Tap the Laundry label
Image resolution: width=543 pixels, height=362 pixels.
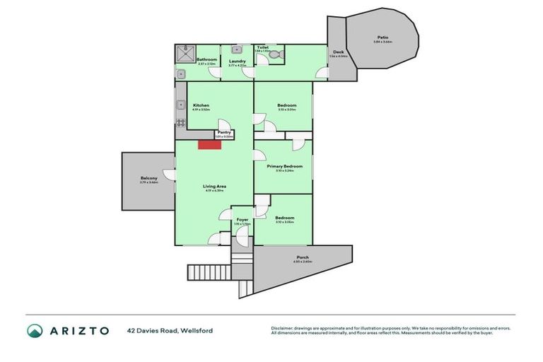point(237,61)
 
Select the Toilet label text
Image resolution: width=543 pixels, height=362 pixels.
point(263,47)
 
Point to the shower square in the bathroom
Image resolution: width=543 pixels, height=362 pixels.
point(187,52)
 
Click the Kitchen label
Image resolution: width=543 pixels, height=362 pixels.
point(201,105)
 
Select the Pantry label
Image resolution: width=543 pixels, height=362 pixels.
point(224,132)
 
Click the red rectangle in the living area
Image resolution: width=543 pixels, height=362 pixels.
point(210,144)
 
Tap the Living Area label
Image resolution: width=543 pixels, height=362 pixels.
point(214,186)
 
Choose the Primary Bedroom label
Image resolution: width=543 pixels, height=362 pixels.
point(284,166)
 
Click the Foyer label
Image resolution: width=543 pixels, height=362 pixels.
point(243,220)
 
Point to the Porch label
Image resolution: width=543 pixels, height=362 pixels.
point(303,257)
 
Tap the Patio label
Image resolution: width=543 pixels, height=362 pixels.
point(383,37)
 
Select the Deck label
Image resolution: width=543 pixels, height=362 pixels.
point(339,52)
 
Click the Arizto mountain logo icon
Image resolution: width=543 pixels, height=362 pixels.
point(35,330)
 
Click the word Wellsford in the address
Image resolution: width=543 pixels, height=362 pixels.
point(197,330)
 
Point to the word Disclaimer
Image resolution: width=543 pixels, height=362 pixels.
point(282,327)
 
